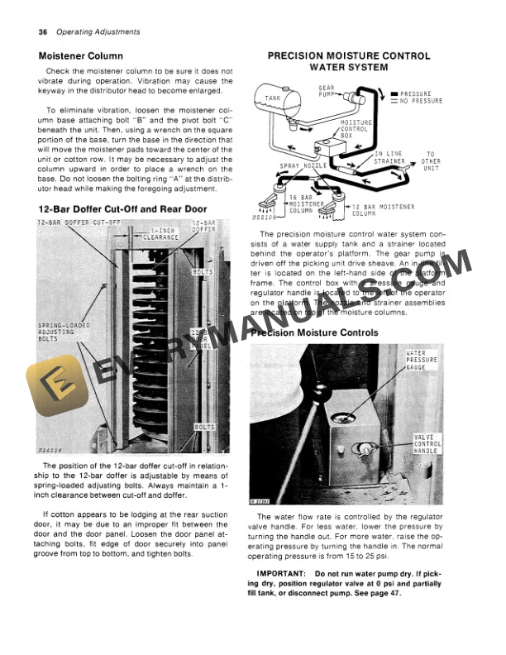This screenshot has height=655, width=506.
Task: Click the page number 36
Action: tap(43, 32)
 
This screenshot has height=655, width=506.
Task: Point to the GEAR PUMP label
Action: tap(326, 91)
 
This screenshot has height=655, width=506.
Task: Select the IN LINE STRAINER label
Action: tap(390, 157)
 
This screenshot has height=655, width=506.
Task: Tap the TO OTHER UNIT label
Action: tap(430, 160)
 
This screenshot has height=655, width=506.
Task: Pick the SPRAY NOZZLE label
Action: tap(300, 166)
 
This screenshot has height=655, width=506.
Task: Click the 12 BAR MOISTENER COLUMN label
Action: tap(383, 209)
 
